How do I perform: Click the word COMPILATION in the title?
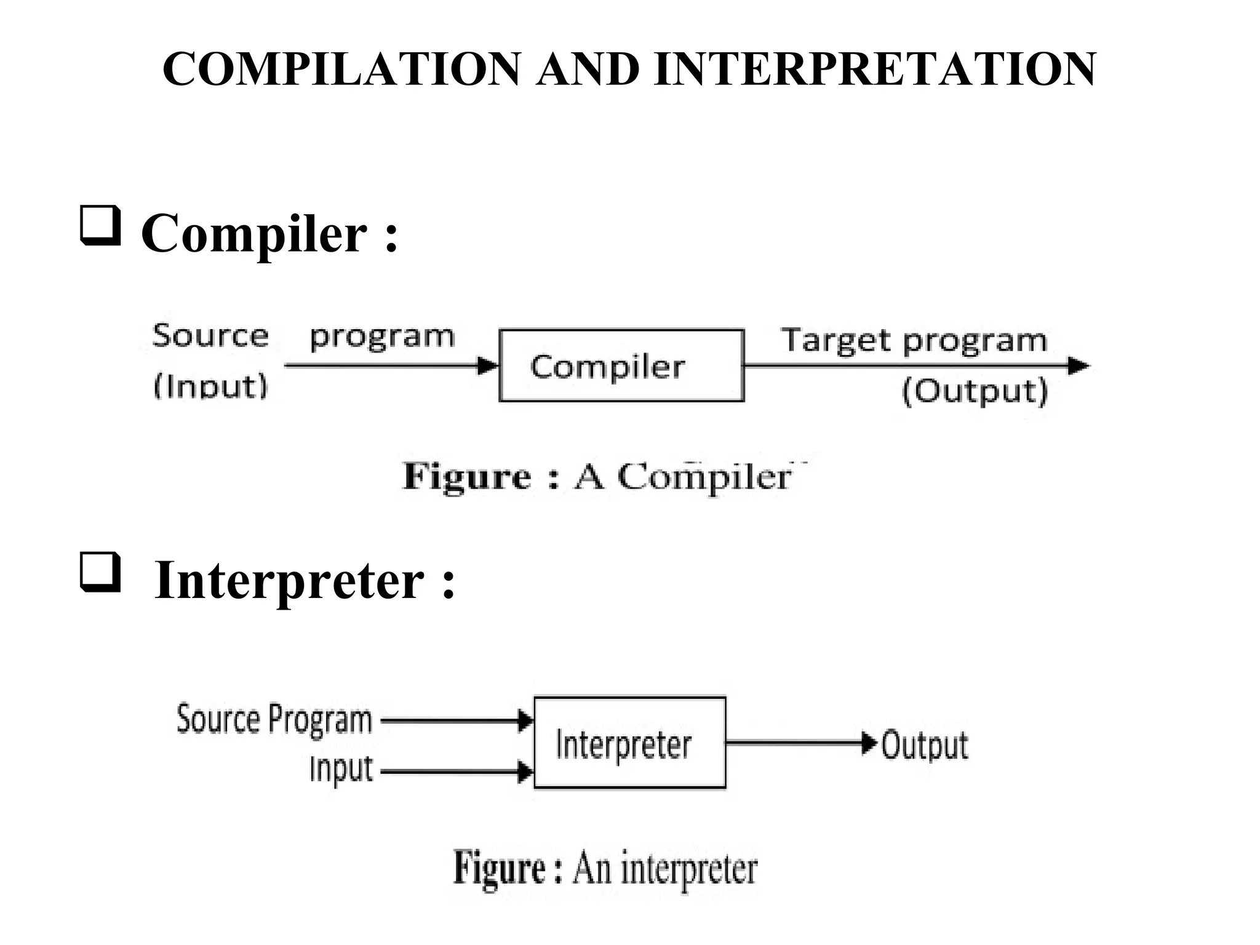(341, 69)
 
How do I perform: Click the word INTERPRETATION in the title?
(875, 69)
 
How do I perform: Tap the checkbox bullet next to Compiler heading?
(100, 226)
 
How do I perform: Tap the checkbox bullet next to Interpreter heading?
(100, 573)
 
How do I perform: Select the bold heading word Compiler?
(254, 234)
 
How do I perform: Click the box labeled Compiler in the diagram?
(621, 366)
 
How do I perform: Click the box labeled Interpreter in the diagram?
(629, 743)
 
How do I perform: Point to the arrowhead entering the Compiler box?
(489, 366)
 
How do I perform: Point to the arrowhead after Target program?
(1078, 366)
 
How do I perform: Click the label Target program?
(914, 340)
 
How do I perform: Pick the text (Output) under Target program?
(975, 391)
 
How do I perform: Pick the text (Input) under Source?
(210, 386)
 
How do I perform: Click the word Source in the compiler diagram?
(210, 336)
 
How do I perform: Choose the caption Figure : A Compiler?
(597, 477)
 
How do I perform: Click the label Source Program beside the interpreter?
(274, 719)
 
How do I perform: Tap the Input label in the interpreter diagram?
(341, 769)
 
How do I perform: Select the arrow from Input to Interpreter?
(455, 772)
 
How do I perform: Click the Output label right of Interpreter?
(925, 745)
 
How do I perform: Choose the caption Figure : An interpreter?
(605, 868)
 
